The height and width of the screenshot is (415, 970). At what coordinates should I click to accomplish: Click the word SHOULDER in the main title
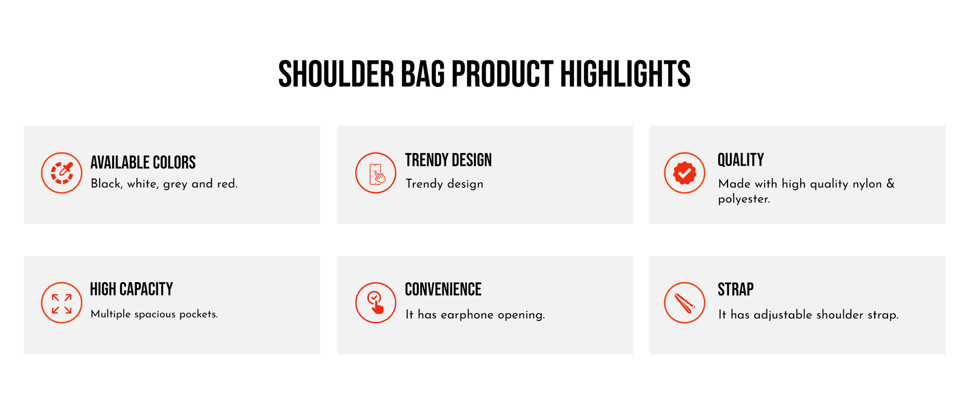click(336, 74)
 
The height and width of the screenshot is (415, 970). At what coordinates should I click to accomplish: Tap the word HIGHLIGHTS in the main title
click(625, 74)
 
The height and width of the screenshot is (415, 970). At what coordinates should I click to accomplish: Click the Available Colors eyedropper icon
click(61, 173)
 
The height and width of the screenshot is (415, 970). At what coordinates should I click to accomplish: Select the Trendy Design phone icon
click(376, 173)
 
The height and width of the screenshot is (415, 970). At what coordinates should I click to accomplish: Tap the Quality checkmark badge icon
click(684, 173)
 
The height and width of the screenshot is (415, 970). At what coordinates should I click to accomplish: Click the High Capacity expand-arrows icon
click(61, 303)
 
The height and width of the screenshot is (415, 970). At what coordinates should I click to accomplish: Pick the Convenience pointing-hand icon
click(376, 303)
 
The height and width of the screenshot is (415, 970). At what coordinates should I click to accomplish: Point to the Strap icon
click(684, 303)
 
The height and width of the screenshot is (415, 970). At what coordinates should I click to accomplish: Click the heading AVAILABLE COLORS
click(143, 163)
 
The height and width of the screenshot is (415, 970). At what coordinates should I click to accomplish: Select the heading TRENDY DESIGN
click(448, 160)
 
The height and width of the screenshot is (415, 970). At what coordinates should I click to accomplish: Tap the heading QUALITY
click(740, 160)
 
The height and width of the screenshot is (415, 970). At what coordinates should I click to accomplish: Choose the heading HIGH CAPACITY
click(131, 289)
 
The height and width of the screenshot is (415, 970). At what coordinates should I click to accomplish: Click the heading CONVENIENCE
click(443, 289)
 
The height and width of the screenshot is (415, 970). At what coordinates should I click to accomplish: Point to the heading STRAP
click(735, 289)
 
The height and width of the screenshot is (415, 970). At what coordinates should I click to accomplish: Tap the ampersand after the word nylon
click(891, 183)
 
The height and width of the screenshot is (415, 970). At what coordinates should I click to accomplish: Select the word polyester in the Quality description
click(744, 199)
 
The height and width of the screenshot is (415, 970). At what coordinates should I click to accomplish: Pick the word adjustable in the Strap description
click(783, 314)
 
